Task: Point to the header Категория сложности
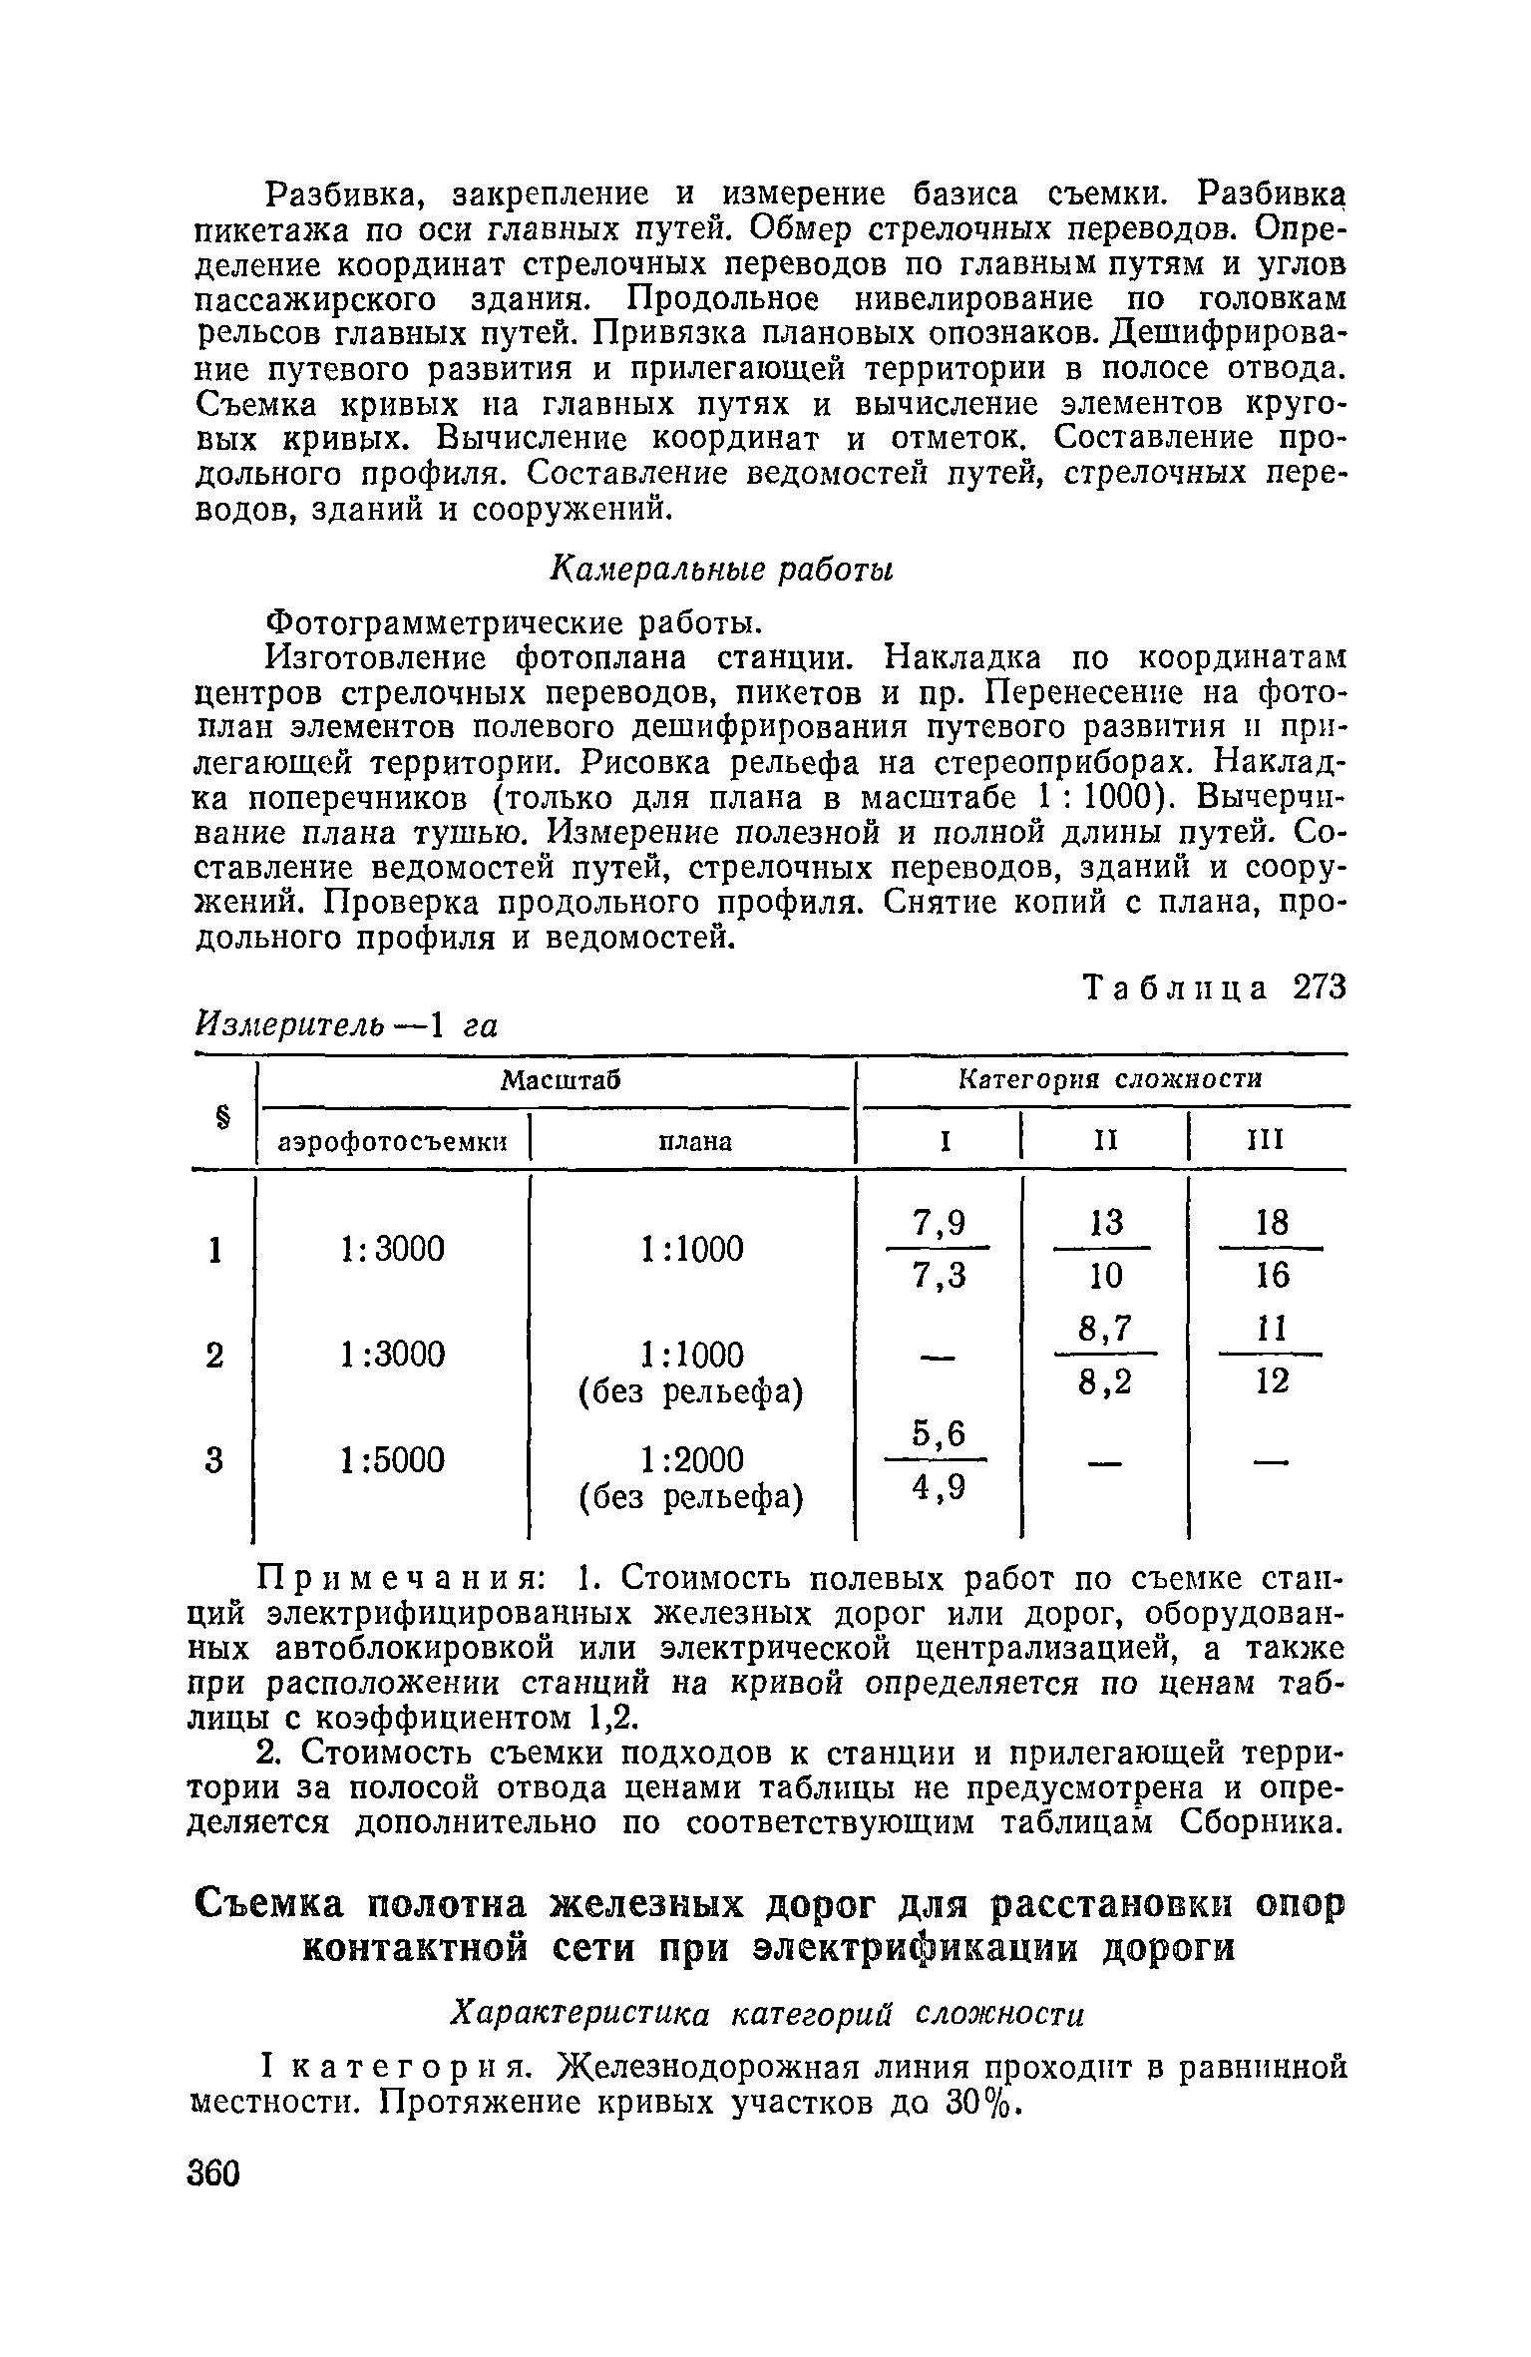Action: (x=1109, y=1079)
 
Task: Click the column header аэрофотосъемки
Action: (x=393, y=1141)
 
